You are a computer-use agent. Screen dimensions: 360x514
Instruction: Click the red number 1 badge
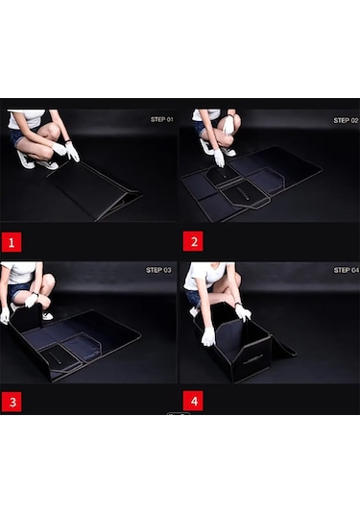[x=12, y=242]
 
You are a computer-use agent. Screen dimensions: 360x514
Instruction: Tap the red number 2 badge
[x=193, y=241]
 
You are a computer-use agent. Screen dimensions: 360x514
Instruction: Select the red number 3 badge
[x=12, y=402]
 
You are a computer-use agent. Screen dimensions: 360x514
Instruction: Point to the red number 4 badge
[x=193, y=401]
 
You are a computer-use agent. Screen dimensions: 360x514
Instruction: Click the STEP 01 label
[x=162, y=120]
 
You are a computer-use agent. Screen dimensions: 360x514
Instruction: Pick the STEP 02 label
[x=346, y=120]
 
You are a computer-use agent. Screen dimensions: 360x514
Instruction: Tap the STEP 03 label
[x=158, y=270]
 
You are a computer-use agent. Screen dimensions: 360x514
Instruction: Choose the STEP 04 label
[x=347, y=270]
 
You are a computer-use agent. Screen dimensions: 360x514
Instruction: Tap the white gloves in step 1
[x=66, y=152]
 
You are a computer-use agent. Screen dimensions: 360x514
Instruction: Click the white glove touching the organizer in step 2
[x=219, y=158]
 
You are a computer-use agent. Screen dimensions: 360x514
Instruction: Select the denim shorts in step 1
[x=17, y=136]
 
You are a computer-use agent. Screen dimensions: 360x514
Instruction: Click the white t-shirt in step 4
[x=204, y=276]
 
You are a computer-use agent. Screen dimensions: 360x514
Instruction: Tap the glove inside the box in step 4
[x=208, y=337]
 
